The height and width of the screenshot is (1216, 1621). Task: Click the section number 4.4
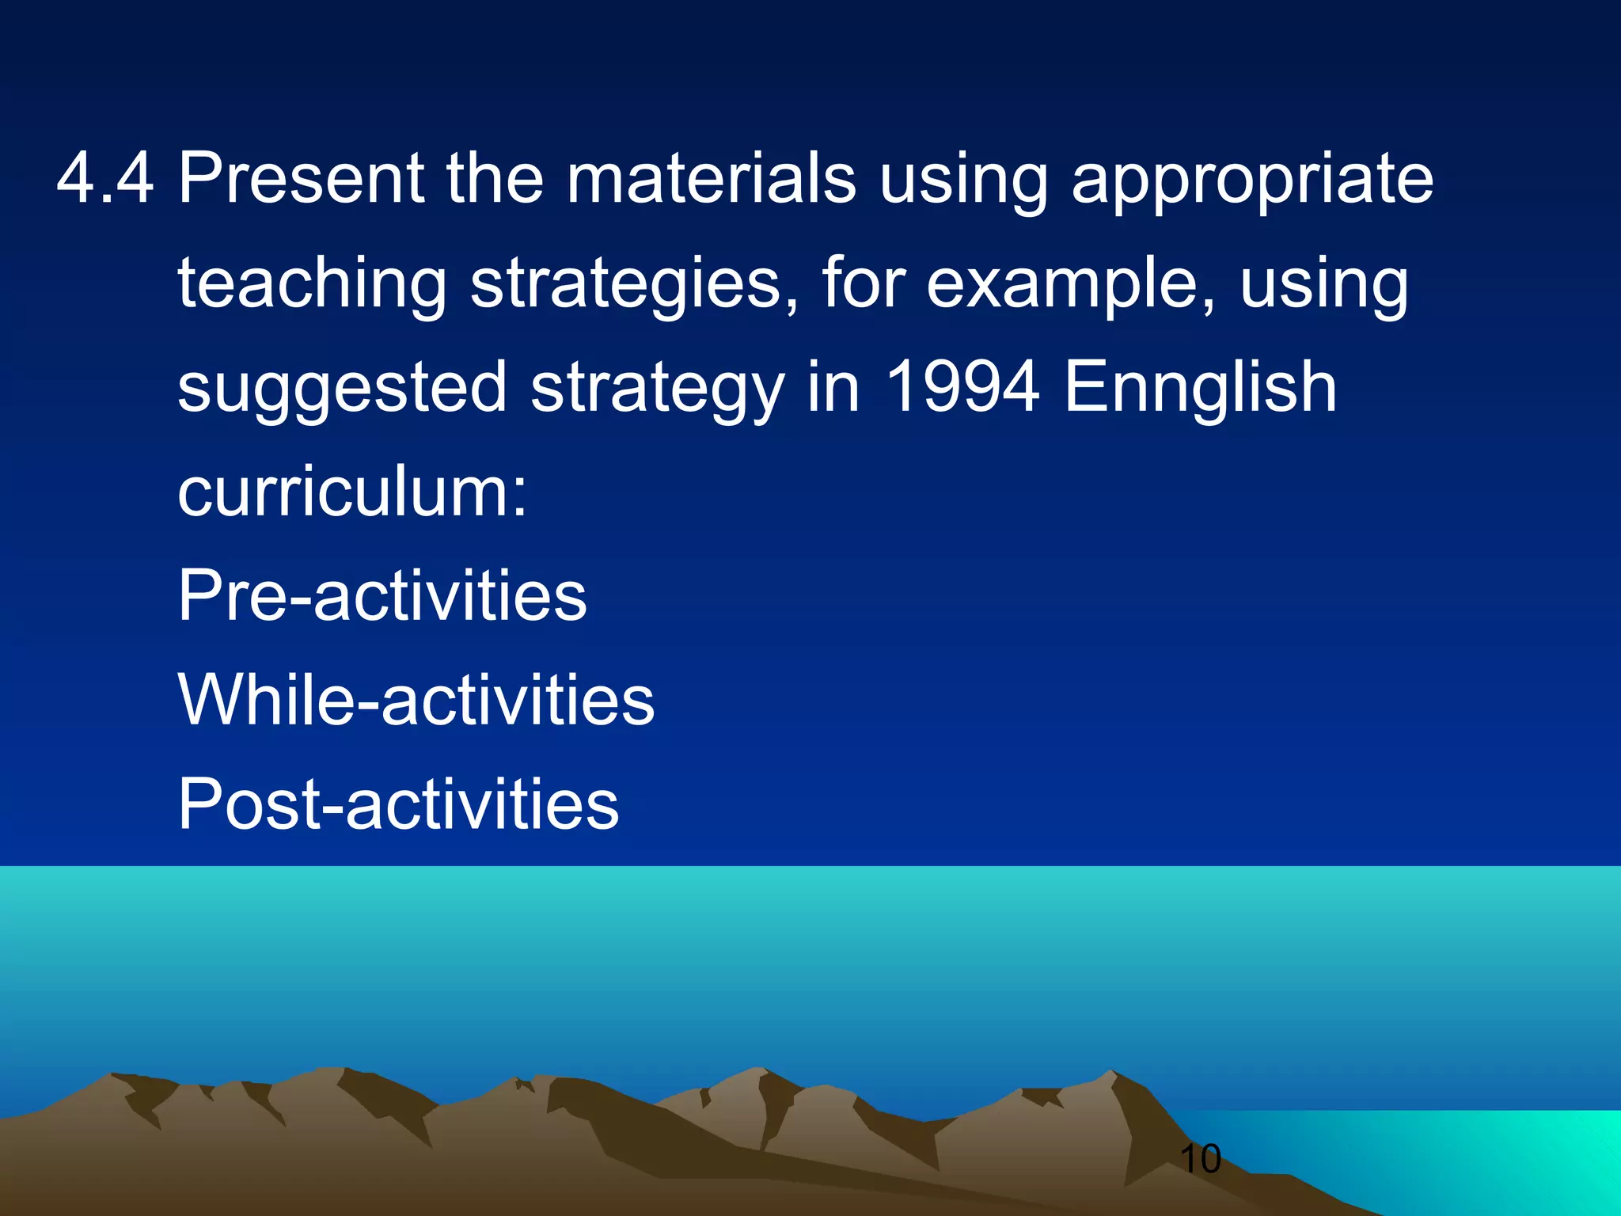pyautogui.click(x=104, y=179)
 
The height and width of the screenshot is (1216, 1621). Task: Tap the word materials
pyautogui.click(x=711, y=179)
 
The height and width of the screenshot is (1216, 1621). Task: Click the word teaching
pyautogui.click(x=313, y=285)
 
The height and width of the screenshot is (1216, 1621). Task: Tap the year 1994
pyautogui.click(x=961, y=388)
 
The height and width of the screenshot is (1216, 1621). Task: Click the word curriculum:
pyautogui.click(x=352, y=492)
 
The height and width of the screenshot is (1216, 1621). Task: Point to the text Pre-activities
pyautogui.click(x=382, y=595)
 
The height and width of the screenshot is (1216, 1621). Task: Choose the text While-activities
pyautogui.click(x=416, y=700)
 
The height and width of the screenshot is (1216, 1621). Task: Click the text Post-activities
pyautogui.click(x=398, y=804)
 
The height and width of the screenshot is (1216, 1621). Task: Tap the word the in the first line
pyautogui.click(x=495, y=179)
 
